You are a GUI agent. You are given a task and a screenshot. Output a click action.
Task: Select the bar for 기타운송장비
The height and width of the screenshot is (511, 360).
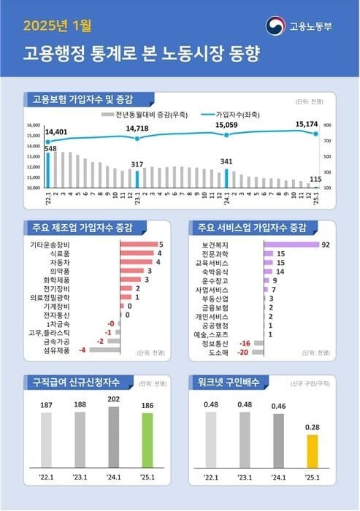click(138, 245)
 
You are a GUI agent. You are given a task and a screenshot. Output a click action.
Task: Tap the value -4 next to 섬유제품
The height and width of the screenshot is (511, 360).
click(83, 350)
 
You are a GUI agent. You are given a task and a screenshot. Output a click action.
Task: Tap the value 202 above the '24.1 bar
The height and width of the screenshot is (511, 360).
click(114, 399)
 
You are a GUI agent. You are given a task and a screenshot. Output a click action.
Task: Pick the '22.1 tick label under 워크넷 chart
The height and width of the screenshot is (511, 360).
click(211, 477)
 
